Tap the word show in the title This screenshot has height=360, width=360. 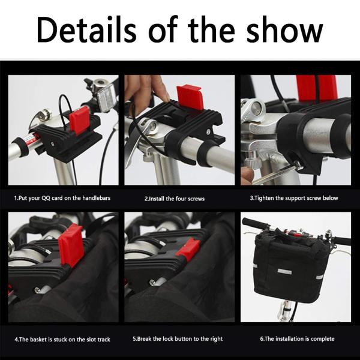tap(284, 29)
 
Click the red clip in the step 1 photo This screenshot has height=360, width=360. tap(79, 120)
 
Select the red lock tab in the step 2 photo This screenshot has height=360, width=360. tap(190, 97)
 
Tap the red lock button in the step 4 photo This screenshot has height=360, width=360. tap(70, 245)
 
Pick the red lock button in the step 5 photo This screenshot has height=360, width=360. tap(188, 250)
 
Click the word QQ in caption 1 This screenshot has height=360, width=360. tap(46, 198)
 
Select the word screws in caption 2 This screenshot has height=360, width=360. tap(196, 199)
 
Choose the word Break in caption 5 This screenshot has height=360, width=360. tap(145, 339)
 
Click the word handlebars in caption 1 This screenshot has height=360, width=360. tap(97, 198)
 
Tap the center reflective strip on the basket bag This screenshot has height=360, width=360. tap(284, 272)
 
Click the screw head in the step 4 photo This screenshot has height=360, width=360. tap(37, 290)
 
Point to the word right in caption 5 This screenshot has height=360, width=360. tap(217, 339)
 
